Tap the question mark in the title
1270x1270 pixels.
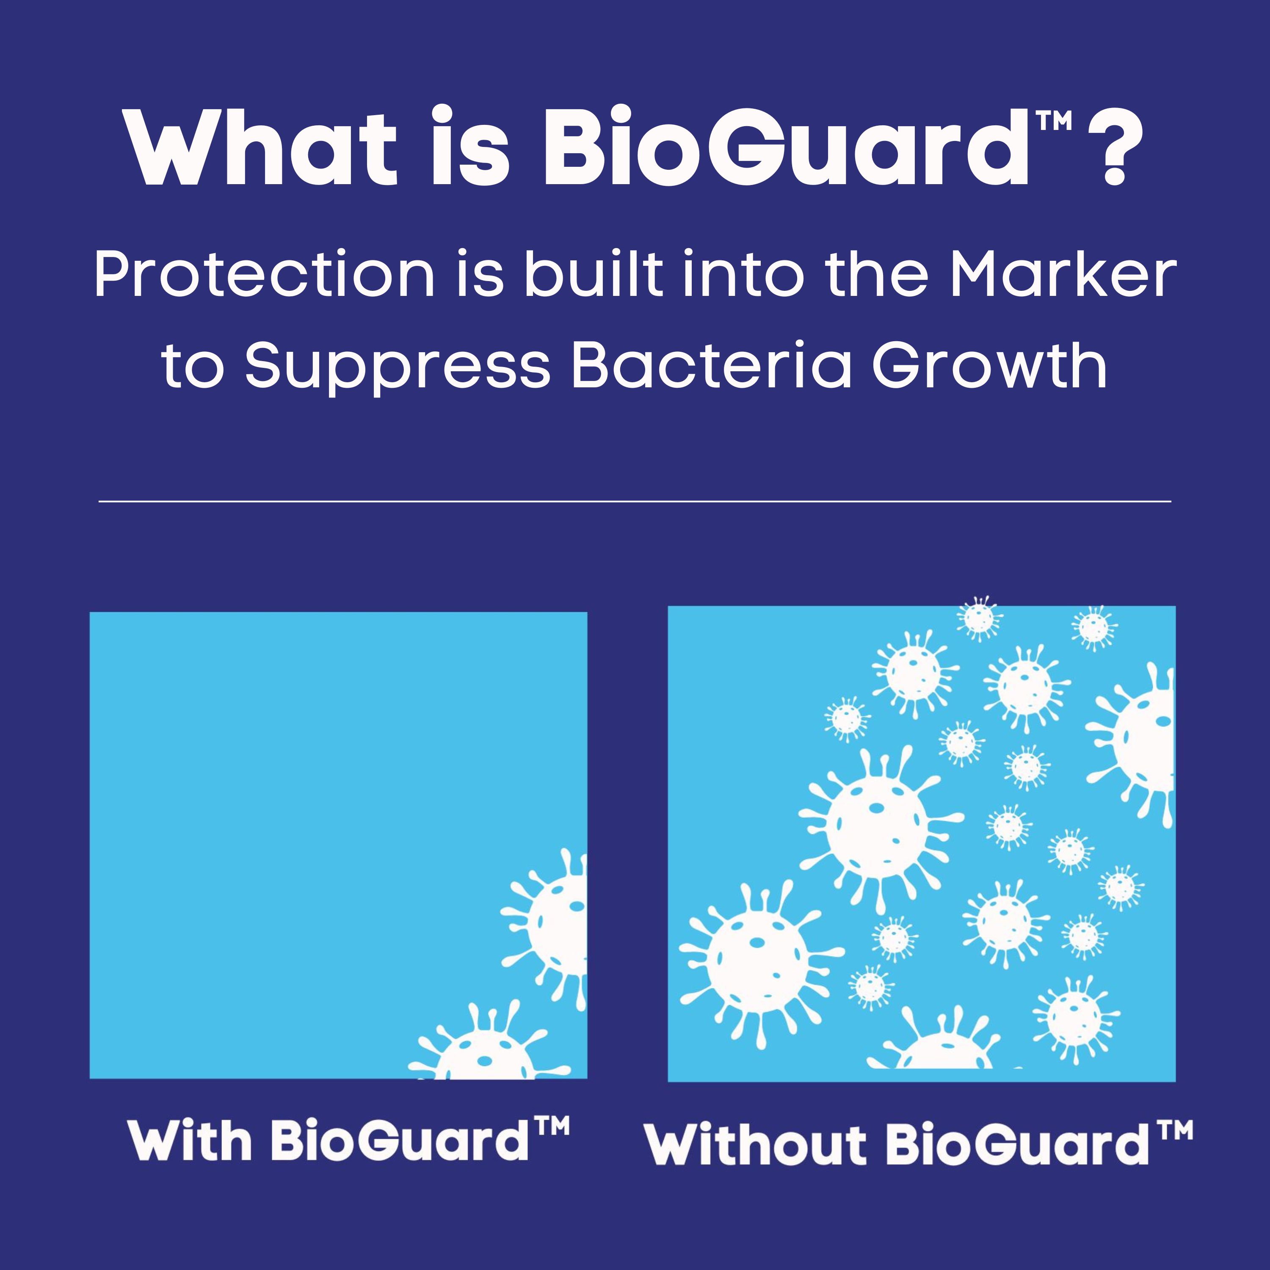tap(1115, 146)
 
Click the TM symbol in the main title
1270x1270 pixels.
tap(1054, 121)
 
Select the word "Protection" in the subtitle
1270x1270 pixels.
tap(264, 274)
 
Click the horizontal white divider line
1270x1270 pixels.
tap(635, 502)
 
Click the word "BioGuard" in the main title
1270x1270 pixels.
tap(786, 146)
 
